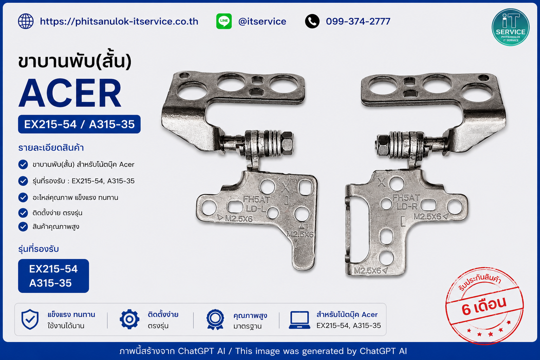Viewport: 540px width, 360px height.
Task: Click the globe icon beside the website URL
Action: [x=26, y=21]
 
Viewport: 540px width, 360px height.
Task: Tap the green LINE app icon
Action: [x=224, y=21]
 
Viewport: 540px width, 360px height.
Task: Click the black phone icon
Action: [x=312, y=21]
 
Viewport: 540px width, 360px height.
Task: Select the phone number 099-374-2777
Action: [x=358, y=21]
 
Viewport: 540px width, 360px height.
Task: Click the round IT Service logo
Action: [x=510, y=27]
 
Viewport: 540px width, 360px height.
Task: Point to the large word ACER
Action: [x=70, y=93]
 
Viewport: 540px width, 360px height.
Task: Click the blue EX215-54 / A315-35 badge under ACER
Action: [x=79, y=124]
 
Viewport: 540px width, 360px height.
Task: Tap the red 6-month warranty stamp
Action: [x=484, y=306]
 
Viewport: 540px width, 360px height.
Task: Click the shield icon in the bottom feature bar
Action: [x=30, y=319]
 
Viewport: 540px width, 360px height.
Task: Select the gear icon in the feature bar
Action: [x=129, y=319]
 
